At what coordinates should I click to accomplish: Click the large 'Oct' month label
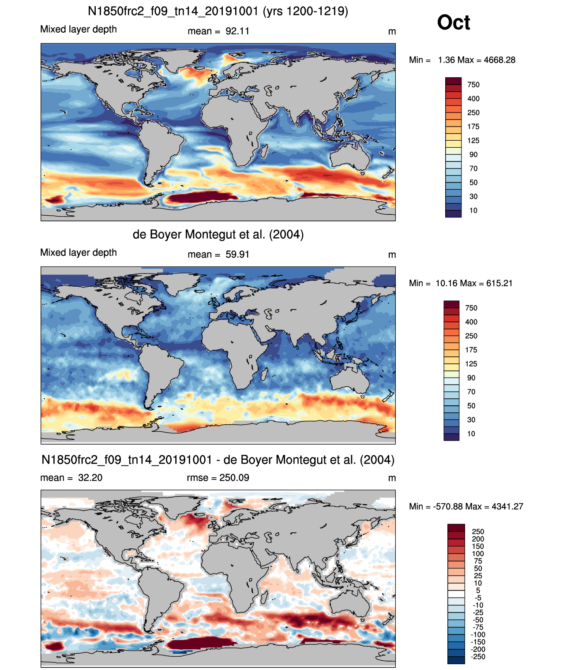click(453, 22)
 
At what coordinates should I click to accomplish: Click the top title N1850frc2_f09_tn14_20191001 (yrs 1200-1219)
click(218, 11)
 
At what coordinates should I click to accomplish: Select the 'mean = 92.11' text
click(218, 31)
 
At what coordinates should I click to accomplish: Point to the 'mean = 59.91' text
click(218, 255)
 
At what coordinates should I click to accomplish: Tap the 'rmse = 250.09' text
click(218, 478)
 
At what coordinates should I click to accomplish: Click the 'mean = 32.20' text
click(71, 478)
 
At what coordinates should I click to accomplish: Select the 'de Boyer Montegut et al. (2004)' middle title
click(218, 234)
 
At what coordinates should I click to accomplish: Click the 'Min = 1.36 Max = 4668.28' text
click(462, 60)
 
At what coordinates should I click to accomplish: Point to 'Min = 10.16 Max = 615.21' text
click(461, 283)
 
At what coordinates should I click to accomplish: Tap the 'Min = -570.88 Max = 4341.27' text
click(466, 506)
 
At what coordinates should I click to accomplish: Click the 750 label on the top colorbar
click(473, 85)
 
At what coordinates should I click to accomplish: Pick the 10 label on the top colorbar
click(473, 210)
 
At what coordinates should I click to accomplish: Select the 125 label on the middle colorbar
click(471, 364)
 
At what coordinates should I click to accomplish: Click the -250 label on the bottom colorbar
click(478, 657)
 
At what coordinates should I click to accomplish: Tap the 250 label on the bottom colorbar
click(478, 532)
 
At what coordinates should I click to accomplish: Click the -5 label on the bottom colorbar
click(478, 598)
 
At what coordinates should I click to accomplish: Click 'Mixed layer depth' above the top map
click(79, 29)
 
